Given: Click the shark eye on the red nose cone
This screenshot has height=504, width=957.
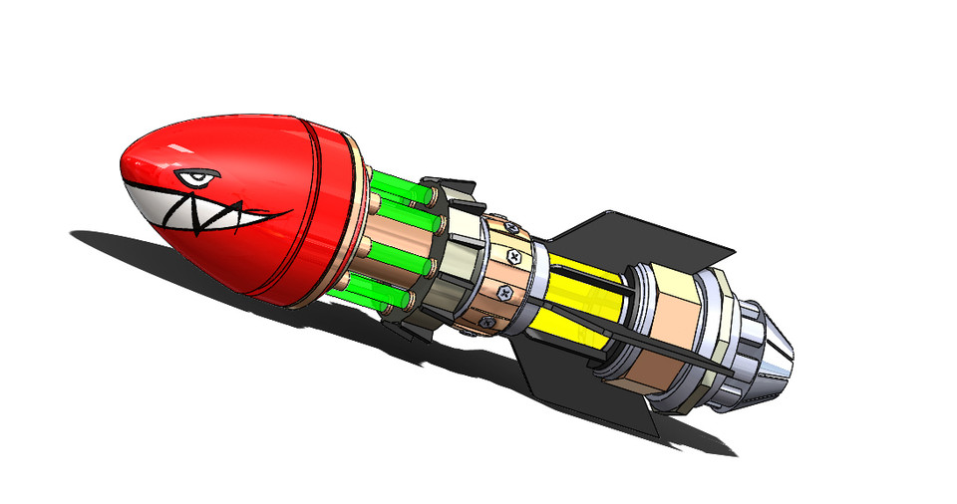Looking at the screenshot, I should (x=196, y=179).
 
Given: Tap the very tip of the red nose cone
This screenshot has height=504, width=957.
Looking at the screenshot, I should (x=127, y=160).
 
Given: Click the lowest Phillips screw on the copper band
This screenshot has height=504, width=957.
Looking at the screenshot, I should (x=484, y=321).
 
